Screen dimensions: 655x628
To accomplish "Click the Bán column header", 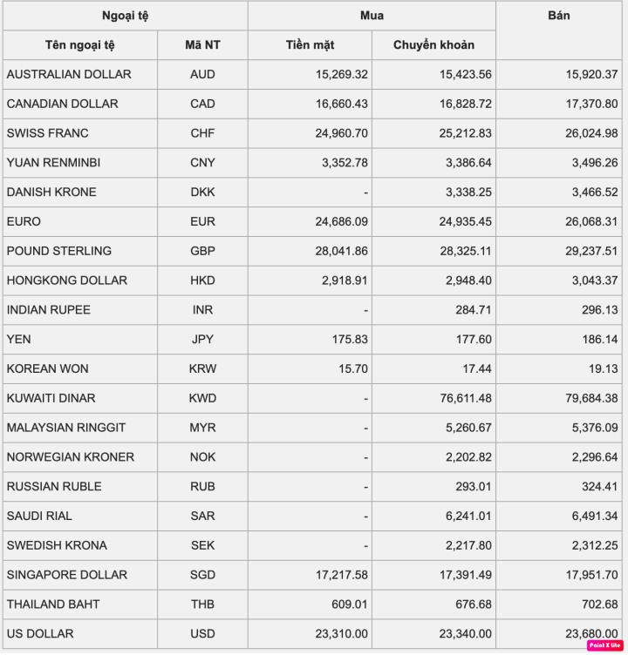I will [x=559, y=16].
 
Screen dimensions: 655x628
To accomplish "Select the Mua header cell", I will [x=372, y=16].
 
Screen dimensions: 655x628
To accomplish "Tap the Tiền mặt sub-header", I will [x=310, y=45].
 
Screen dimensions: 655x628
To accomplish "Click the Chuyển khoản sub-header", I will [x=433, y=45].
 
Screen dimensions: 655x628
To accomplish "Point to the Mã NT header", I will [x=202, y=45].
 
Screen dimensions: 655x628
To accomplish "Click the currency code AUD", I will [x=202, y=75].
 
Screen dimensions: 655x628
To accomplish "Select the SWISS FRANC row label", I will [x=48, y=133].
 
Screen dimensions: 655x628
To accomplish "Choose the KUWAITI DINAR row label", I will [x=51, y=398].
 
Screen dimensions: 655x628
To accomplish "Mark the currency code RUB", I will [x=202, y=487].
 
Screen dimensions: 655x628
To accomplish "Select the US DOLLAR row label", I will [x=40, y=633].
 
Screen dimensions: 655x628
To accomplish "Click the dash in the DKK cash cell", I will [x=365, y=192].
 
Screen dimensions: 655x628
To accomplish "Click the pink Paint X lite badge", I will [x=604, y=645].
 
